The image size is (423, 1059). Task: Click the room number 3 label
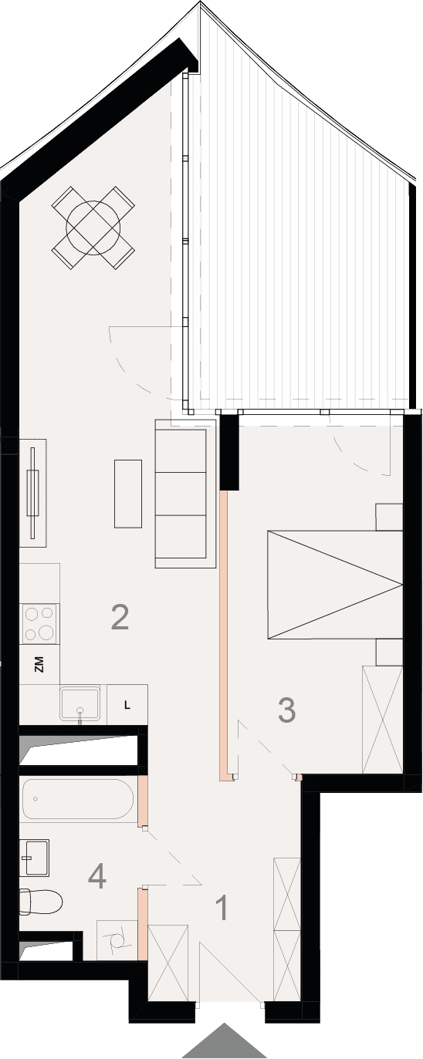pos(286,710)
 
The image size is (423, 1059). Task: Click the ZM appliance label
pos(39,664)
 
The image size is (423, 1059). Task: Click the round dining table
pos(93,228)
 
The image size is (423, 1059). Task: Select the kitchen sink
pos(80,705)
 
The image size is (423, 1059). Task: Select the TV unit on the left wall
pos(32,493)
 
